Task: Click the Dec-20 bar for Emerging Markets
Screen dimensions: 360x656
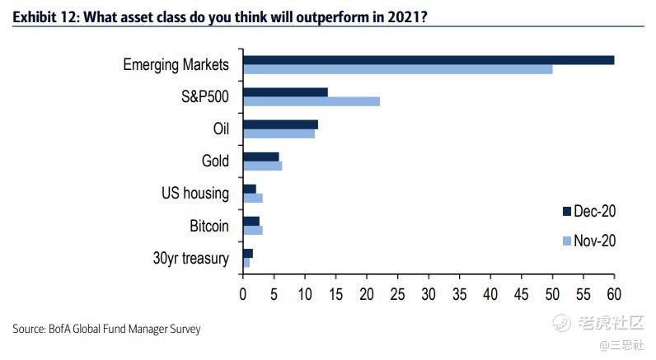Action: pos(429,59)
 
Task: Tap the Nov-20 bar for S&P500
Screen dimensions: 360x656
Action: pos(312,101)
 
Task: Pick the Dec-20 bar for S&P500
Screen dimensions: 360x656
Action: pos(285,91)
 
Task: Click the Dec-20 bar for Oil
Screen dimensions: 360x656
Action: pos(280,124)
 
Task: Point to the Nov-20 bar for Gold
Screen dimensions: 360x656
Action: pos(262,166)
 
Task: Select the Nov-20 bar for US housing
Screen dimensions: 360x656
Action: pos(252,199)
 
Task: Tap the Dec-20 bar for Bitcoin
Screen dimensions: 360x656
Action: pos(251,221)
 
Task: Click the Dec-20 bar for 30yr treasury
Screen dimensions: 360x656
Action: pos(247,253)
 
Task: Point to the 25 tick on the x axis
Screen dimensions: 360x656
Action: pos(398,292)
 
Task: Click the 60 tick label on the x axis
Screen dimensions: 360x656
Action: pos(614,292)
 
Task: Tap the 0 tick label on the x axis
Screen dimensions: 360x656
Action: pos(243,292)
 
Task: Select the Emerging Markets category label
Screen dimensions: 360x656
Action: pos(175,64)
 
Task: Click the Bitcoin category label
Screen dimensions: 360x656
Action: pos(209,226)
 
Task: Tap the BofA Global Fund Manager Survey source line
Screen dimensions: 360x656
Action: pos(106,329)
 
